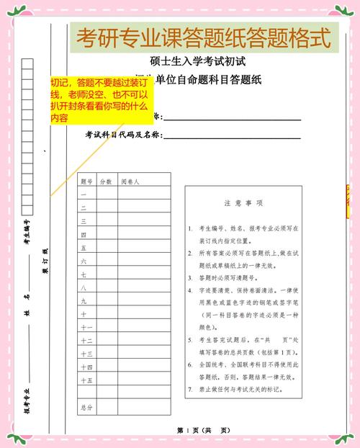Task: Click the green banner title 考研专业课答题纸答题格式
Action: tap(204, 37)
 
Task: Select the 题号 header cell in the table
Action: tap(87, 182)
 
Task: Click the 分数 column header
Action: tap(106, 182)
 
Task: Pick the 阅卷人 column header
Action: tap(130, 182)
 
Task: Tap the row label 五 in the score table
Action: tap(84, 248)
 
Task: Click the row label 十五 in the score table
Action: tap(86, 380)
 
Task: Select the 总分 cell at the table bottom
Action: tap(86, 408)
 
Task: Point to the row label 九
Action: tap(84, 301)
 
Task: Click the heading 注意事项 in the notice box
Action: tap(243, 204)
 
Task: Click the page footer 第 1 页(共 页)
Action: tap(204, 430)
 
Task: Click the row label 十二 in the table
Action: tap(86, 340)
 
